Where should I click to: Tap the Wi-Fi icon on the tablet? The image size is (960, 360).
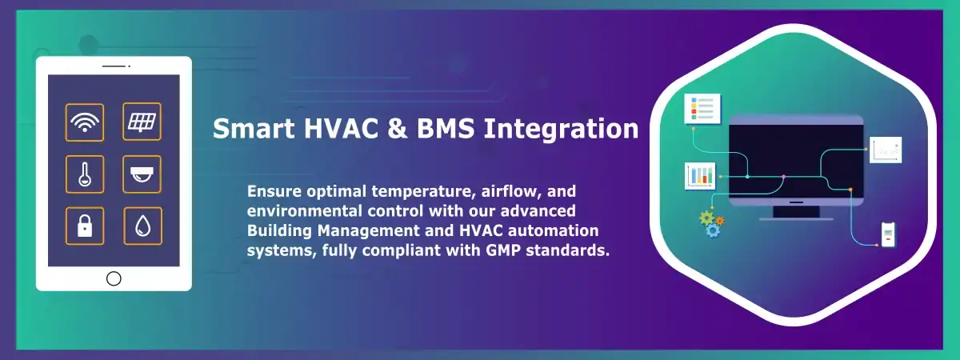(85, 122)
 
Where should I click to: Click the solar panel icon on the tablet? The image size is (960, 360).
(142, 122)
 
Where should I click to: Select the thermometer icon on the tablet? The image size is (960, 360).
(85, 174)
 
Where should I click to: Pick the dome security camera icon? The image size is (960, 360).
(142, 174)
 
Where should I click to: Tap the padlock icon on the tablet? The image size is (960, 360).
(85, 226)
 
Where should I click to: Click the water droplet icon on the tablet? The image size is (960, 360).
(142, 226)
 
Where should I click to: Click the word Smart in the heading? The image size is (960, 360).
(254, 128)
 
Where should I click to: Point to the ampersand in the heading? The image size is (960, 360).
(398, 128)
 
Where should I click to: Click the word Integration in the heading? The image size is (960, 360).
(561, 129)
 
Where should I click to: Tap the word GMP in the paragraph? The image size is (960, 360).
(503, 250)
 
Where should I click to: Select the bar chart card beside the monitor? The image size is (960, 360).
(700, 176)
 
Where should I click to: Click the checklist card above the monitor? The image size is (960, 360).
(702, 109)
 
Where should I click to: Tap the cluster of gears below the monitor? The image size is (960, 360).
(712, 224)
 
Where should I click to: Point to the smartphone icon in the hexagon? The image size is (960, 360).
(889, 234)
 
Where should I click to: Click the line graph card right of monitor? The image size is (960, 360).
(886, 150)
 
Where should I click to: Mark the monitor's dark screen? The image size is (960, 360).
(796, 161)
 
